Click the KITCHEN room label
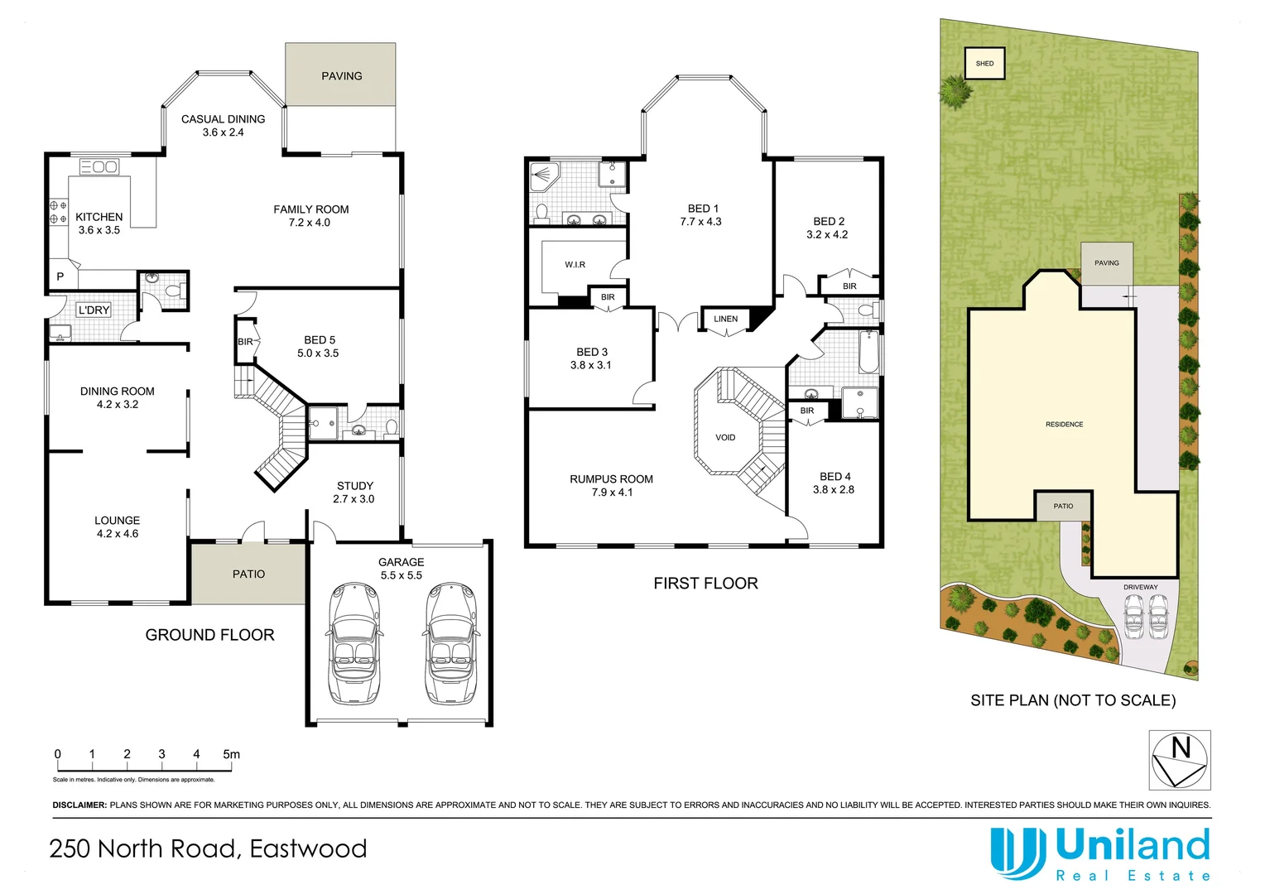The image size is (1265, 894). tap(99, 217)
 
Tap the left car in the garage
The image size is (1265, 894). tap(354, 643)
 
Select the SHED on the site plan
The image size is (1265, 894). tap(984, 64)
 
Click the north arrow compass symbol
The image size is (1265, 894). tap(1180, 760)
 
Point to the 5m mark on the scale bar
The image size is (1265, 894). tap(231, 754)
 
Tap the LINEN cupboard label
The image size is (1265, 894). tap(725, 319)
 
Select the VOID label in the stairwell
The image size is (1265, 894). tap(725, 438)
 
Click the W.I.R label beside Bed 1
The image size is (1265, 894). tap(575, 265)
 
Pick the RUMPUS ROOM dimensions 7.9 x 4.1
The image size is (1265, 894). tap(612, 493)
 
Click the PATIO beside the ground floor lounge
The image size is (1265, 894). tap(248, 574)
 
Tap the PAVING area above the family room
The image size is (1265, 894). tap(341, 75)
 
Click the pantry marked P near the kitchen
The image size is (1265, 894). tap(60, 276)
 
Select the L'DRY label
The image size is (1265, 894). tap(94, 310)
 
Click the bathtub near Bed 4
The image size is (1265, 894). tap(867, 352)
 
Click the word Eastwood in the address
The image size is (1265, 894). tap(308, 849)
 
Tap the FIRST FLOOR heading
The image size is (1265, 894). tap(705, 584)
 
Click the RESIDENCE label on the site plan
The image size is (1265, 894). tap(1064, 425)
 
